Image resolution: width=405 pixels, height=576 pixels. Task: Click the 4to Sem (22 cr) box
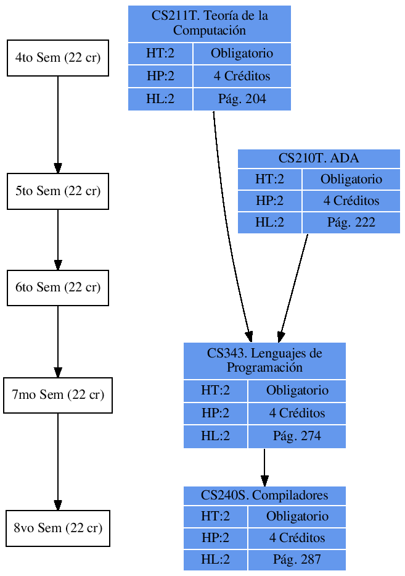click(58, 58)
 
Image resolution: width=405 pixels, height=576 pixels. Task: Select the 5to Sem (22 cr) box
click(58, 191)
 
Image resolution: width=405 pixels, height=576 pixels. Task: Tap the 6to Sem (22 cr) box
click(58, 288)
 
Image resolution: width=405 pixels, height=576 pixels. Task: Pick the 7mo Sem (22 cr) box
click(58, 395)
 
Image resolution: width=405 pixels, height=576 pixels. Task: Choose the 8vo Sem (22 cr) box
click(58, 528)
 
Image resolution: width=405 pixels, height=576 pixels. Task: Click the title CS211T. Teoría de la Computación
click(210, 23)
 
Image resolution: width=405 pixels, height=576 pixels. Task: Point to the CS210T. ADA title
click(319, 159)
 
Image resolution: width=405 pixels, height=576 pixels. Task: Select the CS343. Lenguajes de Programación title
click(264, 361)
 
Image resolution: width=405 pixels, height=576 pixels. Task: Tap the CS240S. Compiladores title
click(264, 496)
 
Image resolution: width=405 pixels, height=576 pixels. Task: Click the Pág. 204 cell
click(242, 99)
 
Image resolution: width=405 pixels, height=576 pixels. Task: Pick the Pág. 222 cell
click(351, 223)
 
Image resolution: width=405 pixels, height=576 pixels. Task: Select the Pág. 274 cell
click(297, 436)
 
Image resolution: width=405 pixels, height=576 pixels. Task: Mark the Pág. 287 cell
click(297, 560)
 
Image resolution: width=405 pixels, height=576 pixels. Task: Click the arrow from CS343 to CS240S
click(264, 467)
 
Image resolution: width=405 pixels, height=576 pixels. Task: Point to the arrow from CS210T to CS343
click(294, 284)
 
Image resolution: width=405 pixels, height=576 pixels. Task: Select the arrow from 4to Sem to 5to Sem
click(58, 123)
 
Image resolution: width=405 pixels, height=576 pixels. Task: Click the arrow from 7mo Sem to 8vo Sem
click(58, 460)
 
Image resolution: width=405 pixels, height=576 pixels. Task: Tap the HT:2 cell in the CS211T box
click(160, 54)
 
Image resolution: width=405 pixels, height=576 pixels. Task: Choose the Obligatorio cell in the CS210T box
click(351, 180)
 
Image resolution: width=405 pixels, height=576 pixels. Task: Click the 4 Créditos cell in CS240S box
click(297, 538)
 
